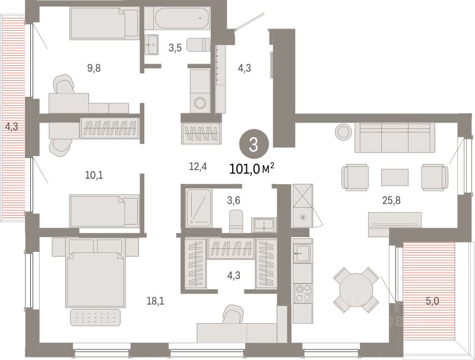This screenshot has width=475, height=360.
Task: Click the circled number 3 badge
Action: [x=253, y=144]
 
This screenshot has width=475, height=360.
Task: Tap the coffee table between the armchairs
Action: [x=394, y=176]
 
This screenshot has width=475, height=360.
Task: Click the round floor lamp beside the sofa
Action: [x=343, y=132]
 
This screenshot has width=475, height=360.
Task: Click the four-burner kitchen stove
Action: [x=303, y=292]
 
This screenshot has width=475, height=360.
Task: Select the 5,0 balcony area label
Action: [x=432, y=301]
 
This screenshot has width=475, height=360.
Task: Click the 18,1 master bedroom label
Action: [x=156, y=301]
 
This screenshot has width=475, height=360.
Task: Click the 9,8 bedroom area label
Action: [x=94, y=68]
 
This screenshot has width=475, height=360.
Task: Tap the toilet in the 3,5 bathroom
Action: [x=198, y=45]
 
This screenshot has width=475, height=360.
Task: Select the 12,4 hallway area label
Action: [x=198, y=166]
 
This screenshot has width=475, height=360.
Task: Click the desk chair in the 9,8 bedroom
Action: [x=64, y=87]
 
